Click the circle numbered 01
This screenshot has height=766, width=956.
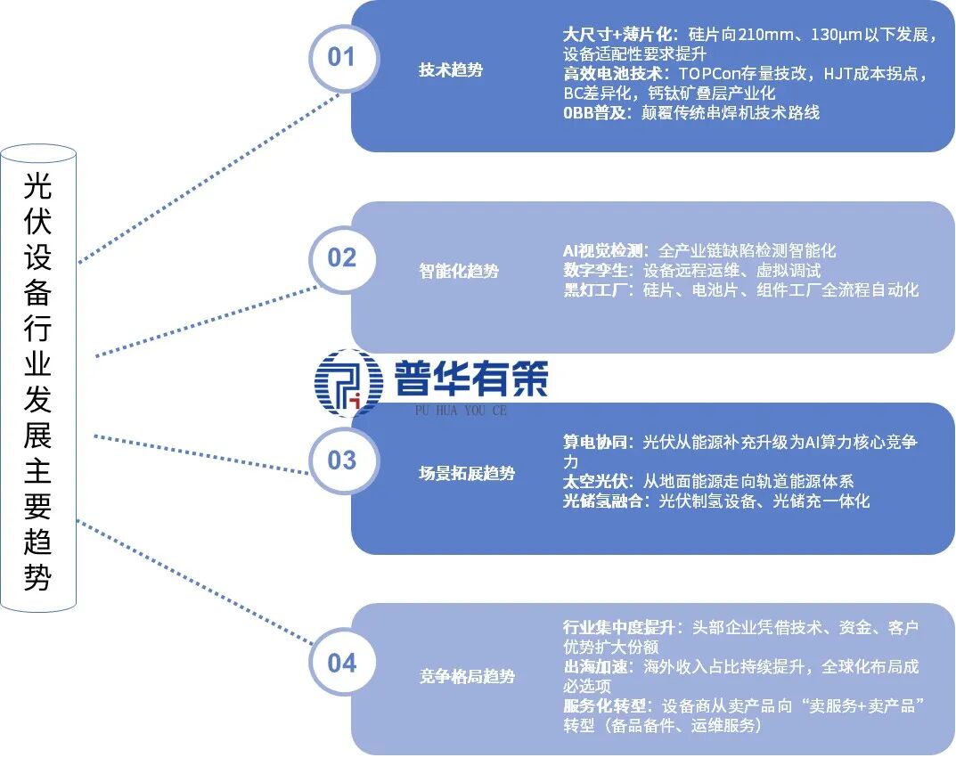click(x=341, y=58)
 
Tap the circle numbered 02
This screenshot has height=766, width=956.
click(x=341, y=258)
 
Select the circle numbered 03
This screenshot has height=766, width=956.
click(x=341, y=460)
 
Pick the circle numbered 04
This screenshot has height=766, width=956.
click(x=341, y=664)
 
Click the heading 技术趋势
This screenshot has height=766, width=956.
click(x=451, y=69)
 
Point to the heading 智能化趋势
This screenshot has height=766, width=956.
click(x=459, y=271)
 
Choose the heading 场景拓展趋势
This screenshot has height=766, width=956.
click(x=467, y=473)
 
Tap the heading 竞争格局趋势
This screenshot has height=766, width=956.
click(x=467, y=676)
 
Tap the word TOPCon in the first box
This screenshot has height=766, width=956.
click(x=710, y=74)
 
